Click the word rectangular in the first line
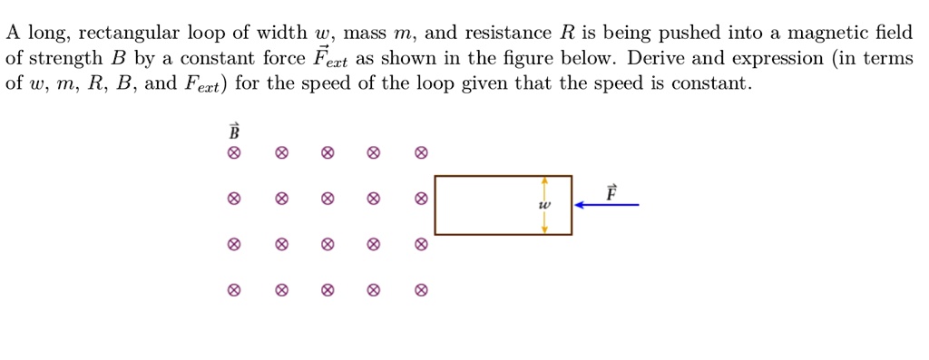[x=129, y=34]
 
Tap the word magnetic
[x=829, y=34]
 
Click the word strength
[x=66, y=60]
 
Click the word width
[x=277, y=34]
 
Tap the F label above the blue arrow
[x=611, y=192]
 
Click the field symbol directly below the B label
[x=234, y=153]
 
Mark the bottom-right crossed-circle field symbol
[x=420, y=291]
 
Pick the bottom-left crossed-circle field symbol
[x=234, y=291]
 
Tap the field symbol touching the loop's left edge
[x=420, y=199]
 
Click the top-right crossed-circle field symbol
[x=420, y=153]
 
